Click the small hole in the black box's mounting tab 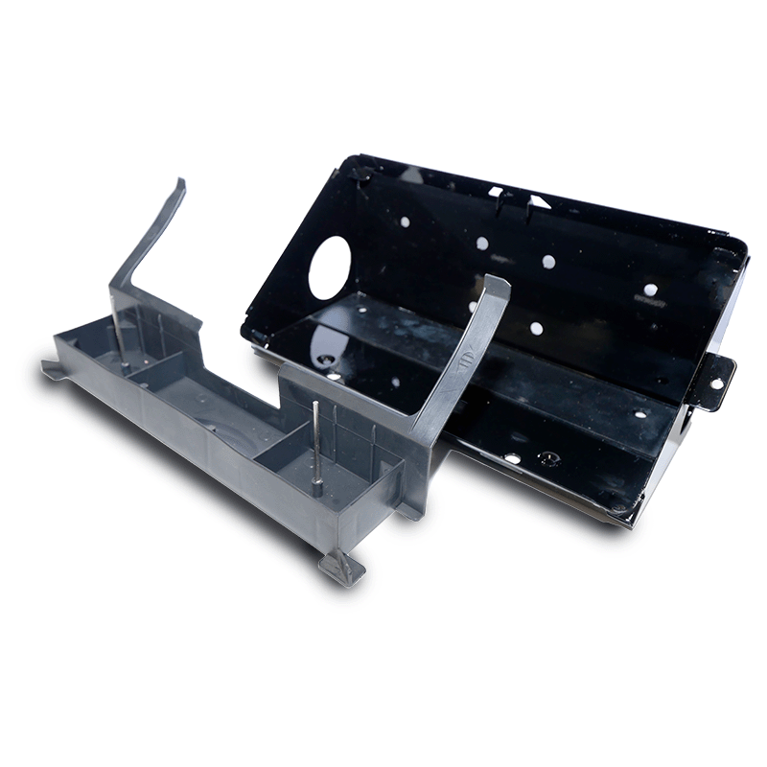(715, 383)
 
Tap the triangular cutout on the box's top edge (538, 201)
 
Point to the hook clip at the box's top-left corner (361, 174)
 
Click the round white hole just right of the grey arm (536, 328)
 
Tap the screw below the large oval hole (329, 360)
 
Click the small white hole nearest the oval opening (404, 221)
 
